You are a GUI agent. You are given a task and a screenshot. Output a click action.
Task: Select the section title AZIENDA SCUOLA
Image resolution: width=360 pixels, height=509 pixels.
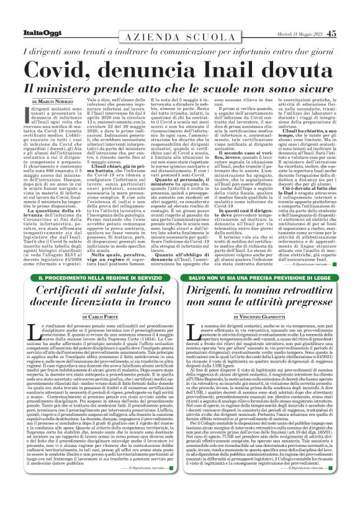(180, 20)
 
